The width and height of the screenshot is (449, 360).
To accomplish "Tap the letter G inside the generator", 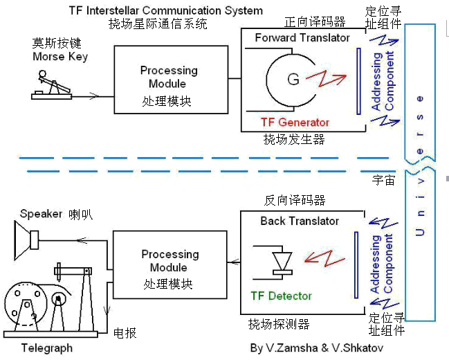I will click(x=293, y=79).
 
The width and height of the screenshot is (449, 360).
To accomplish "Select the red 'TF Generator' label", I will click(x=295, y=122).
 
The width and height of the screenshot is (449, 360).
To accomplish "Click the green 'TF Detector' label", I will click(x=281, y=296).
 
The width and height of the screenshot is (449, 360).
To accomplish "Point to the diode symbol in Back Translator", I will click(x=280, y=262).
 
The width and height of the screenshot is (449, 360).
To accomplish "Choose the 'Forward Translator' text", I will click(x=302, y=37).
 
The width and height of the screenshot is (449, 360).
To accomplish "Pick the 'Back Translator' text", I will click(x=300, y=221).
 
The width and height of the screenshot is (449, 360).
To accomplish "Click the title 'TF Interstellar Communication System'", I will click(x=166, y=10).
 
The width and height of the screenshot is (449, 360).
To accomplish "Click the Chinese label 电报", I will click(x=125, y=334).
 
